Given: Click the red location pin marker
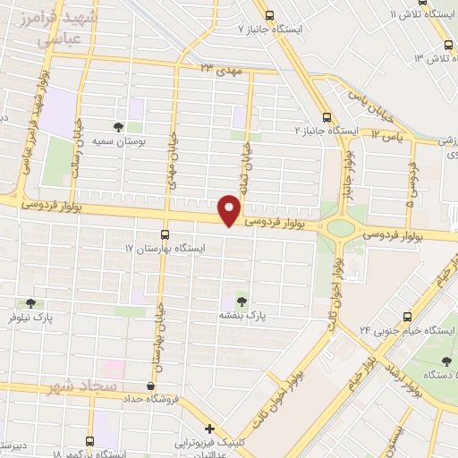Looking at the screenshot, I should [x=230, y=212].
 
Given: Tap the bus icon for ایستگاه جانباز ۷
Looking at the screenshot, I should [x=269, y=14].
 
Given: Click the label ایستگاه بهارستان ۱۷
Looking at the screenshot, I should [x=165, y=247].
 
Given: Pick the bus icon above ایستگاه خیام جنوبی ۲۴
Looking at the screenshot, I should [x=408, y=316].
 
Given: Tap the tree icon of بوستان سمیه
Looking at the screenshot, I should [x=119, y=126].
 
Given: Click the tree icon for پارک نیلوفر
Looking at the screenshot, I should [x=31, y=303].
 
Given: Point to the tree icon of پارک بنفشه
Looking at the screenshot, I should [x=240, y=301].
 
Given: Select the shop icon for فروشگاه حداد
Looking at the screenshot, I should [x=150, y=385].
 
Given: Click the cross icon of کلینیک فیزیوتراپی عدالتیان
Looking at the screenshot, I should [x=209, y=429].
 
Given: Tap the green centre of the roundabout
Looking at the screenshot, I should [x=340, y=227].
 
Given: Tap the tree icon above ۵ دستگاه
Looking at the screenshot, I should [x=446, y=360].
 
